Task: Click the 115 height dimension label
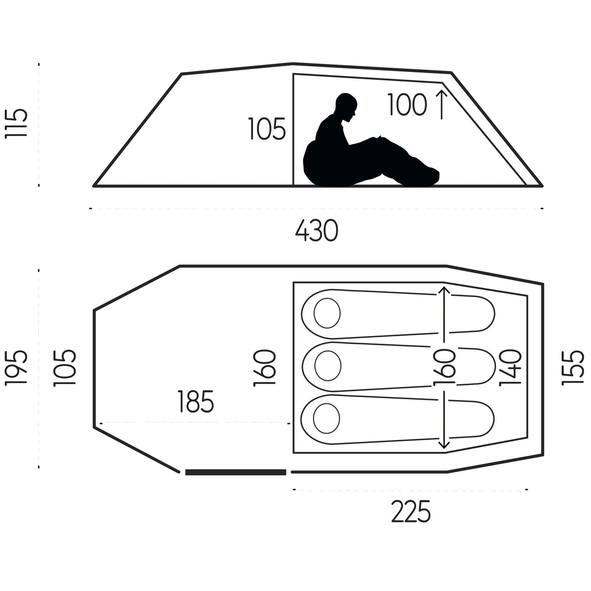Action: pos(16,123)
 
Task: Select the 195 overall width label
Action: pos(16,367)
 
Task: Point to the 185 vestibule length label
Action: pos(196,401)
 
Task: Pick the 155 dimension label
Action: pos(573,368)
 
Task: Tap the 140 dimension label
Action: pos(510,368)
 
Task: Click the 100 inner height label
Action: pos(407,105)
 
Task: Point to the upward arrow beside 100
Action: pos(442,104)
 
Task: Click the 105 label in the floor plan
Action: pos(64,368)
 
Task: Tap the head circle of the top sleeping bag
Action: pos(327,313)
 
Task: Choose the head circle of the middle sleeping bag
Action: pos(328,366)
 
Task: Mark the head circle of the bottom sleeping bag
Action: pos(327,419)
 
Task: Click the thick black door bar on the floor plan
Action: pos(236,472)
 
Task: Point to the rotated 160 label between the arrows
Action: pos(444,367)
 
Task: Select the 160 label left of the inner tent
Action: pos(264,368)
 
